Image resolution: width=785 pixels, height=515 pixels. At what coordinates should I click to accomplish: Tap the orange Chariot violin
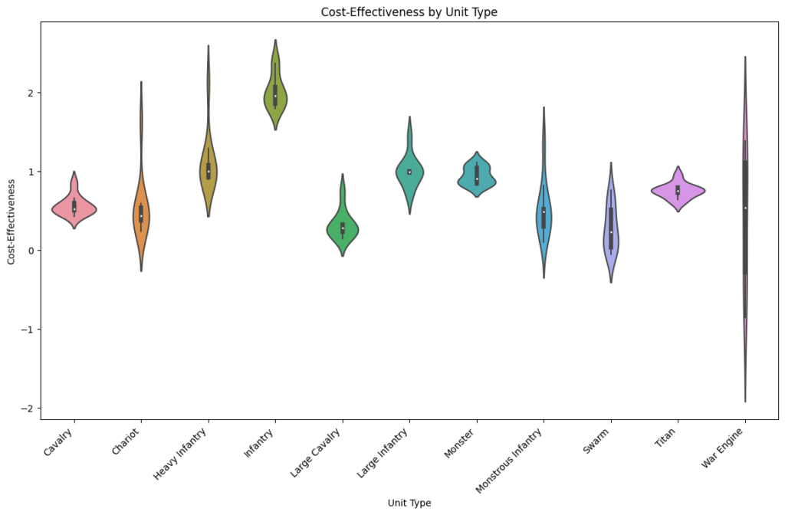(x=136, y=222)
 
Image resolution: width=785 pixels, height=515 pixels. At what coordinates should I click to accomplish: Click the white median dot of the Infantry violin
(x=275, y=96)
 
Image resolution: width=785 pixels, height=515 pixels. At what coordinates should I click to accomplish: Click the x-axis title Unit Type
(x=409, y=503)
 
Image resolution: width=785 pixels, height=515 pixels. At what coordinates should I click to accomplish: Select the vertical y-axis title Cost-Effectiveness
(x=11, y=222)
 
